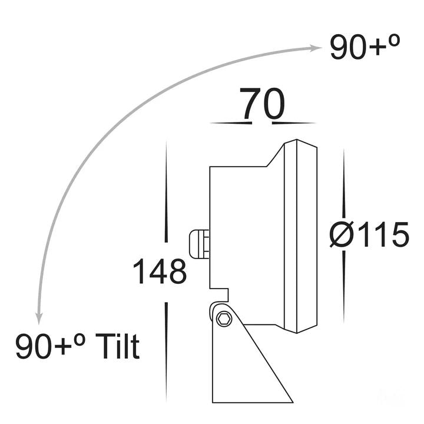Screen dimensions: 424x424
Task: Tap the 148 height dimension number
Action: (159, 272)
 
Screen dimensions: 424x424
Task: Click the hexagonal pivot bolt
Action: (223, 319)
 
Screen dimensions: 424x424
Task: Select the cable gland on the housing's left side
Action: (198, 244)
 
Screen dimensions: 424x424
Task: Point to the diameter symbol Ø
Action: (342, 236)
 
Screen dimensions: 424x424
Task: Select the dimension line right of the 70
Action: (294, 123)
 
